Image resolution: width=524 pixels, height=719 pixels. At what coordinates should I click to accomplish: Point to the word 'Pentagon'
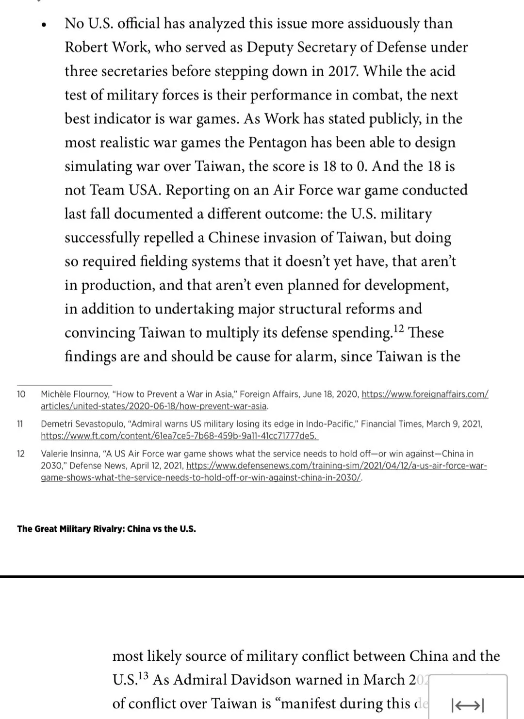[278, 142]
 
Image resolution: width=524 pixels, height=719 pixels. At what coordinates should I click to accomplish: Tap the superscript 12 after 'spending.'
[398, 329]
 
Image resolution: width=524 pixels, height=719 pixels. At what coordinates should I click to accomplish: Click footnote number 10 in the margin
[21, 394]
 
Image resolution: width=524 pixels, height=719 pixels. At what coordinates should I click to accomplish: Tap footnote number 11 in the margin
[20, 424]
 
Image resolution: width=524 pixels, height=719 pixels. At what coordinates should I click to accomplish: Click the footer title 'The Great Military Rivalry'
[71, 529]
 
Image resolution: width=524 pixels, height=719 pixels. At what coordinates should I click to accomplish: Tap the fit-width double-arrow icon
[467, 704]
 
